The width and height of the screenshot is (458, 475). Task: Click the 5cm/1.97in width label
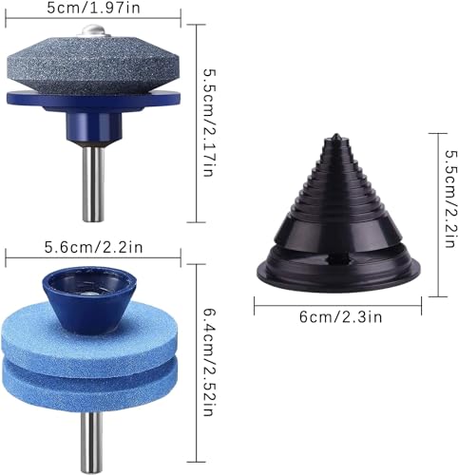[x=93, y=8]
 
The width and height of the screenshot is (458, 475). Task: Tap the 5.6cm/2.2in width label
[x=93, y=247]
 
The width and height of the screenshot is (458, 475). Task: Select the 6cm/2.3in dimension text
[x=340, y=316]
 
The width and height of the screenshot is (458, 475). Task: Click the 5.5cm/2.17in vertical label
[x=210, y=123]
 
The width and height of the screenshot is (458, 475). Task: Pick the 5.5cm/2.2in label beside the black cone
[x=450, y=199]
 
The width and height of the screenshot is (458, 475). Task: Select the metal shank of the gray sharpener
[x=93, y=183]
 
